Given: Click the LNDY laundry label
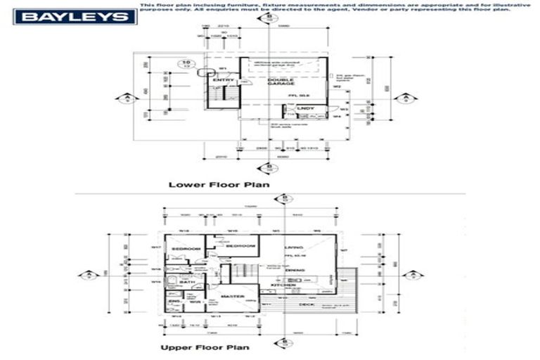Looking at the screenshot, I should (x=305, y=108).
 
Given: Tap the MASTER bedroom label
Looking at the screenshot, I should (x=232, y=297).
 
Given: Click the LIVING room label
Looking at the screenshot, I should (x=293, y=248).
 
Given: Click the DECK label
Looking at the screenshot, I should (x=307, y=304).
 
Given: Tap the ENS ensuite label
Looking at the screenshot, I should (x=174, y=302).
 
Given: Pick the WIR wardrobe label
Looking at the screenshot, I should (x=195, y=302).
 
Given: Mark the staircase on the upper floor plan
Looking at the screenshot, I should (x=243, y=271).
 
